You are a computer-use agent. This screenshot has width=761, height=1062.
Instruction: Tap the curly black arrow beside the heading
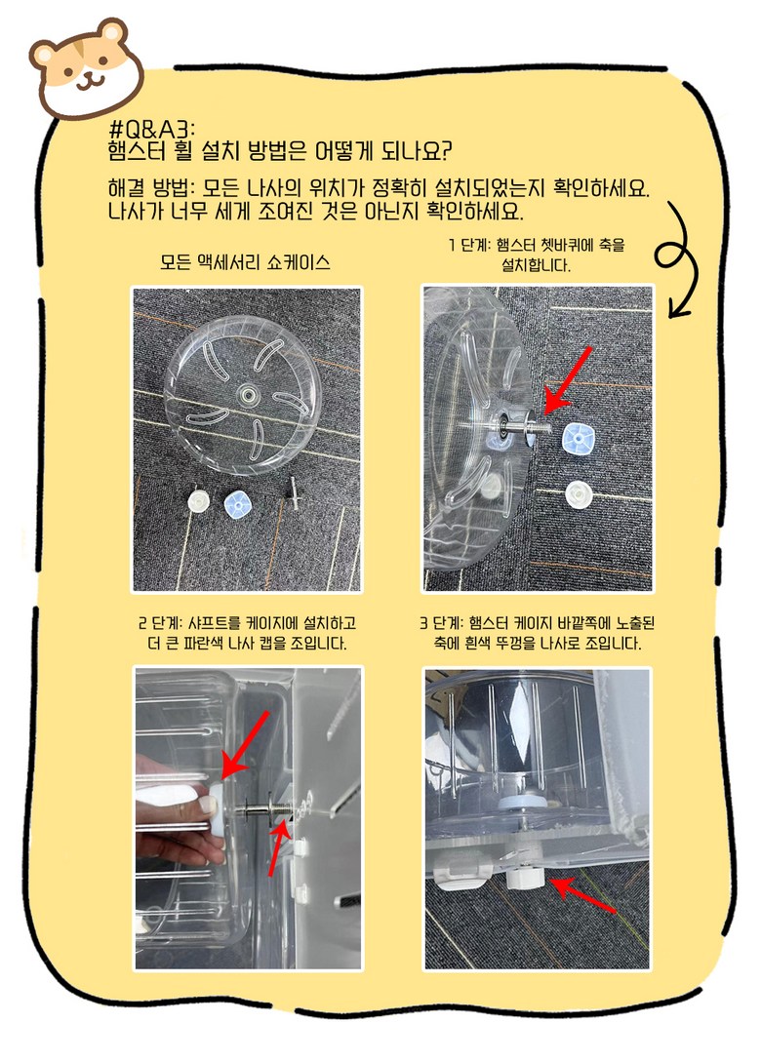click(678, 260)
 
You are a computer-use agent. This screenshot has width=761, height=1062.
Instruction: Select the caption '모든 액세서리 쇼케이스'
click(245, 262)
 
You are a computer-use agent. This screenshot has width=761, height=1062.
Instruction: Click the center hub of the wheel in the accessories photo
click(245, 393)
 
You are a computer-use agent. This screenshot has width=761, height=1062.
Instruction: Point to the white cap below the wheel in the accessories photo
click(198, 501)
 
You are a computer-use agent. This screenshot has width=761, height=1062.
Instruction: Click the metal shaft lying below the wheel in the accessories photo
click(293, 493)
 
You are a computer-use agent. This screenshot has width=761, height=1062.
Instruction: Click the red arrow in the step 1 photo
click(568, 380)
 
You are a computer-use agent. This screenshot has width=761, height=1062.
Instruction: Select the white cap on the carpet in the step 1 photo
click(579, 494)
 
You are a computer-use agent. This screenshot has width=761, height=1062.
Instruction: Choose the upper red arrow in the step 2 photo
click(245, 745)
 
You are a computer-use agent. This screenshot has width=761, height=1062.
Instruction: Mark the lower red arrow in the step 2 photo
click(279, 845)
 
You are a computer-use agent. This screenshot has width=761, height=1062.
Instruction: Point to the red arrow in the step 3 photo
click(582, 895)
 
